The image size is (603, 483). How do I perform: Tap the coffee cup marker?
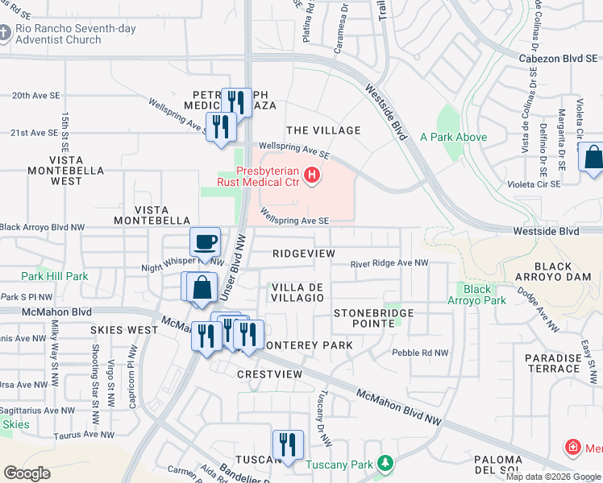(205, 242)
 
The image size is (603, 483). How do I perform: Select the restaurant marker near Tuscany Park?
(287, 444)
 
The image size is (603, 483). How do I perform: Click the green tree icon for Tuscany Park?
(385, 464)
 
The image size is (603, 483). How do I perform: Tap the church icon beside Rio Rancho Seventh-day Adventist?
(7, 35)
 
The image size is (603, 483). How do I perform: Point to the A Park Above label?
(454, 138)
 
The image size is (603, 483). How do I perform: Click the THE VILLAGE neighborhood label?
(323, 130)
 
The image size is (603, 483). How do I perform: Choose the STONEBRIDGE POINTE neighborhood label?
(374, 318)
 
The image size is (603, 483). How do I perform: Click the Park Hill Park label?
(55, 276)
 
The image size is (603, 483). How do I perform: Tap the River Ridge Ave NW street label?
(389, 263)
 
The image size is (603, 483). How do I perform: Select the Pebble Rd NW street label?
(420, 353)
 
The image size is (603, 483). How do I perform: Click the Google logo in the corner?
(27, 473)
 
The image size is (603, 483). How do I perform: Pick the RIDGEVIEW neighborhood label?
(303, 253)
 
